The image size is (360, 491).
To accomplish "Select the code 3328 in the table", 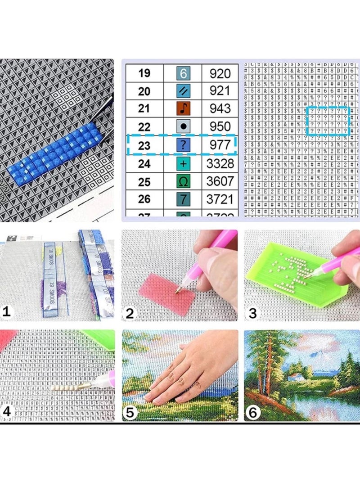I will (x=220, y=163).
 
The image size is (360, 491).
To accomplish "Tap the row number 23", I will (x=144, y=145).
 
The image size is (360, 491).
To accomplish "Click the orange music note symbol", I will (x=184, y=109).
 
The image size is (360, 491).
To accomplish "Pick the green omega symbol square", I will (x=184, y=181).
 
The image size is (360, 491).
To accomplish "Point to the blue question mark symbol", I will (x=184, y=145).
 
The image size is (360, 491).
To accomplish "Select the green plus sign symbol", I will (x=184, y=163).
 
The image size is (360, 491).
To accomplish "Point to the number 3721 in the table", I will (x=220, y=199).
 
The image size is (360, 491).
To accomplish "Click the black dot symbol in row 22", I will (x=184, y=127).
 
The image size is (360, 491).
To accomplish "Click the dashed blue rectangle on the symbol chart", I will (x=328, y=121).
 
